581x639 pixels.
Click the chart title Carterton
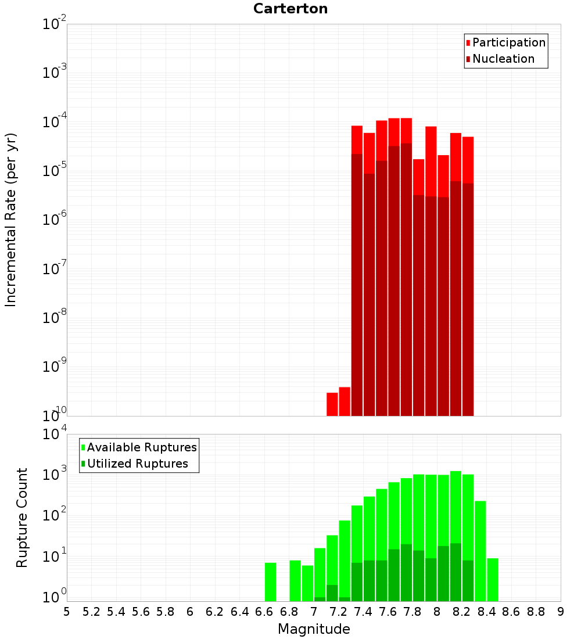290,9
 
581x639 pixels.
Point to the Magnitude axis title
314,629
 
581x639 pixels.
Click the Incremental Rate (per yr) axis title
11,220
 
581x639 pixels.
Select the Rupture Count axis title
22,518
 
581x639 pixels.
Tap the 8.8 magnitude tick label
536,612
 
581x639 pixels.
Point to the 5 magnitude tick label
67,612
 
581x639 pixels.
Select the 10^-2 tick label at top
54,24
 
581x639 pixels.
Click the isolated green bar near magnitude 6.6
270,581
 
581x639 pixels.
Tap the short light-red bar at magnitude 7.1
332,404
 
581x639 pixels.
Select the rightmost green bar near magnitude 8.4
493,579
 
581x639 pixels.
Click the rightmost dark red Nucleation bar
468,299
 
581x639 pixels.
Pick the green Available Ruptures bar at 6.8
295,580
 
